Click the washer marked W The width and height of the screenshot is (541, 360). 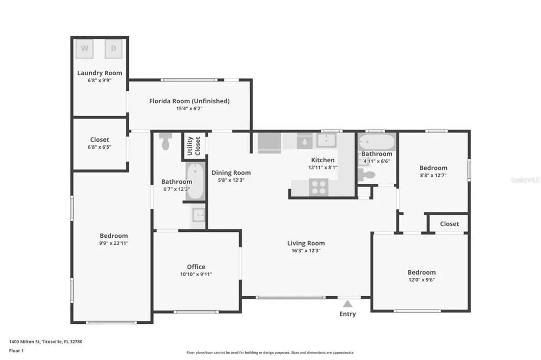tap(84, 49)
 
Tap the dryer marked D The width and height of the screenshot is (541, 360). tap(114, 49)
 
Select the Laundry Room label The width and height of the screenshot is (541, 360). tap(100, 73)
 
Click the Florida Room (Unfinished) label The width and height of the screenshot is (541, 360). tap(189, 101)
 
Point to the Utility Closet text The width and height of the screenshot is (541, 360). tap(194, 146)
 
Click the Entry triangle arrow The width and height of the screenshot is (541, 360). tap(347, 304)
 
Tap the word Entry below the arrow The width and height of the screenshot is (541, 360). tap(347, 314)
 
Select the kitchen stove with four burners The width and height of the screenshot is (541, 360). tap(319, 187)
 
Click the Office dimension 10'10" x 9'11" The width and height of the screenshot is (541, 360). tap(196, 275)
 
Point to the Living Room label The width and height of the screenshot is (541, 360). tap(306, 243)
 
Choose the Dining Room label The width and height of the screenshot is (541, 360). tap(231, 173)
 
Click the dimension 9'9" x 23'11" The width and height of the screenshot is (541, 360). tap(114, 243)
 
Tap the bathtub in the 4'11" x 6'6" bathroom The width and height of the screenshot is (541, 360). tap(377, 142)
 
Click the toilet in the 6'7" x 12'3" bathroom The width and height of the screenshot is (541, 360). tap(165, 141)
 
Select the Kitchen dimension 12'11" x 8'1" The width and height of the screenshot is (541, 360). tap(322, 168)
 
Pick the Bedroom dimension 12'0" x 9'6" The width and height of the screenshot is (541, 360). tap(421, 279)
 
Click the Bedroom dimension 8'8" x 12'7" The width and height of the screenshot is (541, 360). tap(433, 175)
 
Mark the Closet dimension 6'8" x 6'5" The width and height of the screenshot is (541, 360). tap(100, 147)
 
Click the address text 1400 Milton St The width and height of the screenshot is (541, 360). tap(24, 342)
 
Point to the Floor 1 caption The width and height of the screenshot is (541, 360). tap(16, 351)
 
